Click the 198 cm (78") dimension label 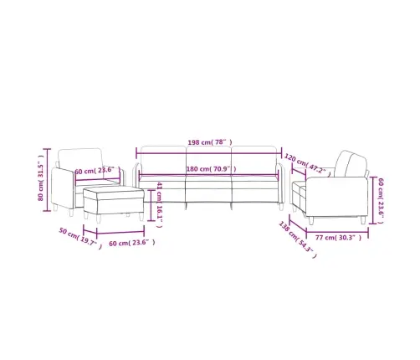pos(209,143)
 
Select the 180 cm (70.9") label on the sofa pos(210,169)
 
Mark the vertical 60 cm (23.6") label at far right pos(381,198)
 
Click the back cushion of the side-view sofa pos(349,163)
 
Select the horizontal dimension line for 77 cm pos(335,229)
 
